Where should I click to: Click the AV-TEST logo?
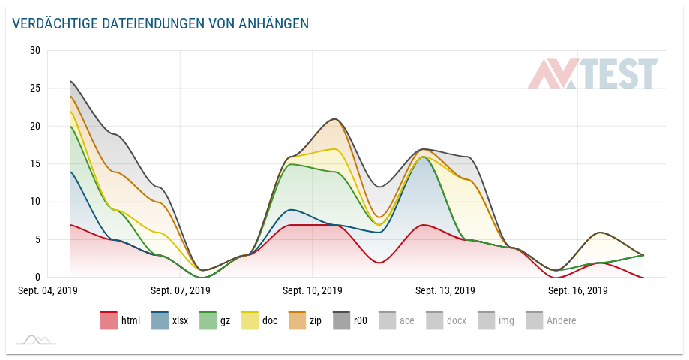pos(592,74)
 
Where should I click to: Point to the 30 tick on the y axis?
pos(35,51)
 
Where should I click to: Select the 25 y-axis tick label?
pos(35,88)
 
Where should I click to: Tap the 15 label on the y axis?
pos(35,164)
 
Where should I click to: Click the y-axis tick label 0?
pos(38,277)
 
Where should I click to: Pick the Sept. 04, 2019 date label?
pos(48,290)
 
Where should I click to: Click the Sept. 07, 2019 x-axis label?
pos(180,290)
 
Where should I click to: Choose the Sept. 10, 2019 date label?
pos(312,290)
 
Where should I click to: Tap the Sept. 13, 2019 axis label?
pos(445,290)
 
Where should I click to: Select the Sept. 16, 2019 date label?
pos(577,290)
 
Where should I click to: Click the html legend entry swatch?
pos(109,321)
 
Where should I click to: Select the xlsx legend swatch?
pos(160,321)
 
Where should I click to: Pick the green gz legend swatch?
pos(208,321)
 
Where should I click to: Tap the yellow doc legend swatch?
pos(250,321)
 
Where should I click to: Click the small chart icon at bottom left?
pos(34,340)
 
